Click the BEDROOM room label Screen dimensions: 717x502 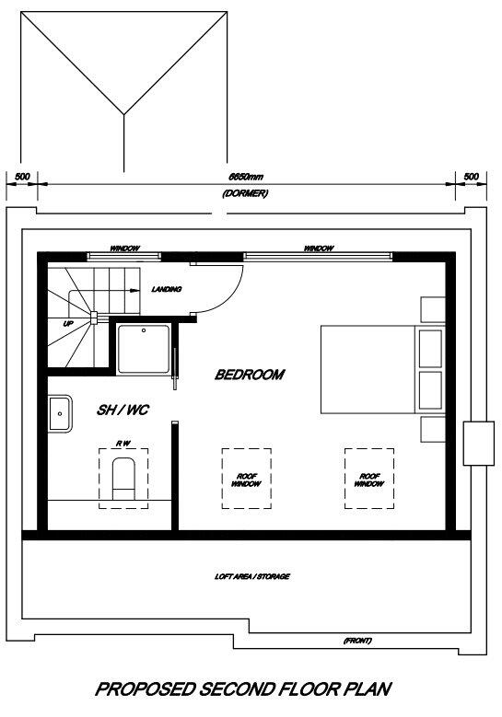(x=249, y=375)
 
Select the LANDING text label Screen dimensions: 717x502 (x=167, y=289)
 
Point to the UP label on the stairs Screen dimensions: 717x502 (x=68, y=324)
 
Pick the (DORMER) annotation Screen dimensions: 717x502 (x=239, y=193)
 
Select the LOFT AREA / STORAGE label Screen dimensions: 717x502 (x=251, y=576)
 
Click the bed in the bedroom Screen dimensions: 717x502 (x=368, y=368)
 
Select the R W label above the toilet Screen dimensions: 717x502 (x=122, y=444)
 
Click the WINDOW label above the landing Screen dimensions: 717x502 (x=124, y=249)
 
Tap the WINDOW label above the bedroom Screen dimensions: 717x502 (x=319, y=249)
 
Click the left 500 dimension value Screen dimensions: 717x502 (x=22, y=176)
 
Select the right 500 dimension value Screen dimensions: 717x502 (x=471, y=176)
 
